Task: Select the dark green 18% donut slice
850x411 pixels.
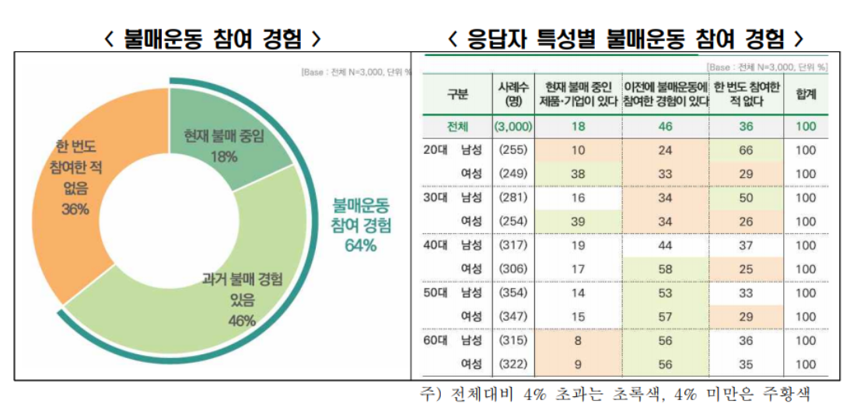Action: tap(222, 140)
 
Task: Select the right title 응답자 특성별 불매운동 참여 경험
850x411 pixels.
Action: tap(625, 39)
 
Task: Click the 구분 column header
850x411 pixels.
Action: tap(457, 95)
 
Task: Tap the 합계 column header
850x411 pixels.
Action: tap(806, 95)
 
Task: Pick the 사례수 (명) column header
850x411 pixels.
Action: tap(513, 95)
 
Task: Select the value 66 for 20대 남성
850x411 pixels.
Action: tap(746, 150)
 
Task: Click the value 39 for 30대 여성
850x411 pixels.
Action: tap(577, 221)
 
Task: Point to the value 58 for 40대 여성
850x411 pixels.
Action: tap(664, 269)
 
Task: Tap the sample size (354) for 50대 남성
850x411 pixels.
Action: tap(512, 293)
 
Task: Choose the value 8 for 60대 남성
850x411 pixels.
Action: tap(577, 340)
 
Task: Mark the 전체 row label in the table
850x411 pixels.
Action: tap(457, 126)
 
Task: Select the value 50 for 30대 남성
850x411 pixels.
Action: tap(746, 198)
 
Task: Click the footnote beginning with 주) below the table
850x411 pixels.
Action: tap(615, 394)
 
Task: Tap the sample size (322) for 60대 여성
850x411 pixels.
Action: tap(512, 364)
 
